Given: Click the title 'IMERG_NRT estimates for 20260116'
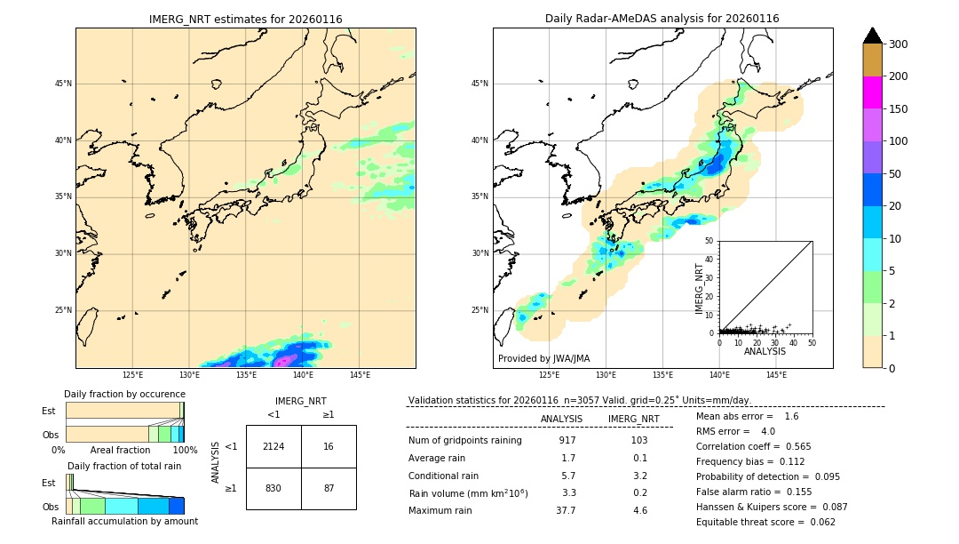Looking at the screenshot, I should (245, 19).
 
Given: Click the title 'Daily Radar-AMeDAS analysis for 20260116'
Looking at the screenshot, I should (662, 19).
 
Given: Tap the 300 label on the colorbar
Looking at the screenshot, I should (898, 44).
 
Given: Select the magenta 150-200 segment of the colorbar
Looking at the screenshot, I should (872, 92).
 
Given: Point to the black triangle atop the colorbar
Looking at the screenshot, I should (872, 36).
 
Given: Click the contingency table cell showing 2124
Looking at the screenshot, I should (273, 446).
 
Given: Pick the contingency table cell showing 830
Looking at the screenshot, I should (273, 488).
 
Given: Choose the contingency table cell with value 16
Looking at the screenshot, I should (329, 446).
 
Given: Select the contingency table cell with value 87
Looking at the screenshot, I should (329, 488).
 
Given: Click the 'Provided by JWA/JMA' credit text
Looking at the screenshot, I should (543, 358).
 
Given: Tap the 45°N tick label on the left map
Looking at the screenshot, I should (63, 84).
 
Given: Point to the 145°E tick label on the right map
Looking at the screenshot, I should (776, 375).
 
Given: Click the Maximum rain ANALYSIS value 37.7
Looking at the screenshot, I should (566, 510).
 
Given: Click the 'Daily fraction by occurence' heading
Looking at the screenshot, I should (124, 394).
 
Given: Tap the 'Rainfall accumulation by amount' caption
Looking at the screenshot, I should (124, 521).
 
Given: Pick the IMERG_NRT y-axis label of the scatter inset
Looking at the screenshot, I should (700, 286).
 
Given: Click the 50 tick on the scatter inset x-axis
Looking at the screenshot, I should (812, 342).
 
